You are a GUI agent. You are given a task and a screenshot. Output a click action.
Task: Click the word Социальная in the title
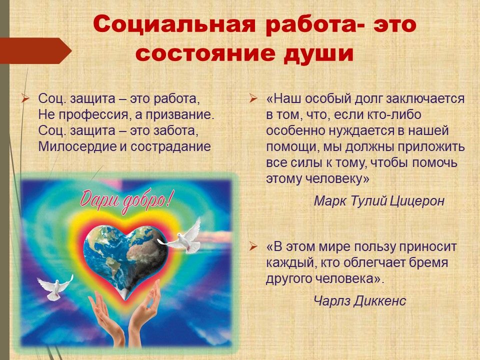click(x=174, y=24)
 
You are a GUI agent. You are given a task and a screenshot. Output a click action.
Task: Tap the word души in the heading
click(x=318, y=54)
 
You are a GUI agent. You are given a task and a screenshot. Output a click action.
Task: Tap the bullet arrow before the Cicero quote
click(x=253, y=98)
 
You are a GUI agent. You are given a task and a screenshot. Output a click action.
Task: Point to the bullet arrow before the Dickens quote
click(x=253, y=246)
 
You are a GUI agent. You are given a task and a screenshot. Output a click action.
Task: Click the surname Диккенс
click(x=380, y=301)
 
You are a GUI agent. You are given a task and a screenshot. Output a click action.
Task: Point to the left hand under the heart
click(x=107, y=318)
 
